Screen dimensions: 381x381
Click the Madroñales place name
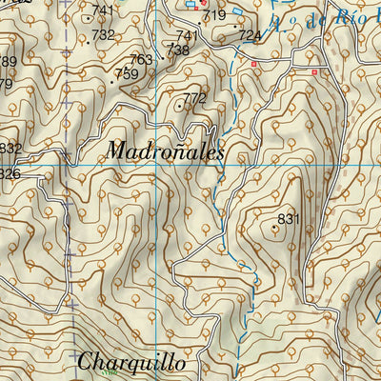click(166, 150)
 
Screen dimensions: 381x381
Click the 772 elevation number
click(195, 98)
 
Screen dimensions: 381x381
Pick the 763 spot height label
click(141, 59)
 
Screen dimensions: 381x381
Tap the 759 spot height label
click(126, 73)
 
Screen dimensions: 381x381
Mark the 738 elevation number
click(177, 50)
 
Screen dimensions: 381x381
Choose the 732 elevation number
click(103, 34)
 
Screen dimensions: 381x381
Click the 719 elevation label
click(214, 15)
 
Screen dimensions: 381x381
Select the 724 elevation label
click(250, 35)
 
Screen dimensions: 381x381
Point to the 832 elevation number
click(10, 148)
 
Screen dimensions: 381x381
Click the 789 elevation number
click(8, 62)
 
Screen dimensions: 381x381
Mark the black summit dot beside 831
click(275, 227)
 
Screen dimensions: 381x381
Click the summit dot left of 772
click(180, 106)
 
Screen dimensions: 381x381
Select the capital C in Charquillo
click(86, 362)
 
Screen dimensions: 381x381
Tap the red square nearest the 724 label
click(254, 63)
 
